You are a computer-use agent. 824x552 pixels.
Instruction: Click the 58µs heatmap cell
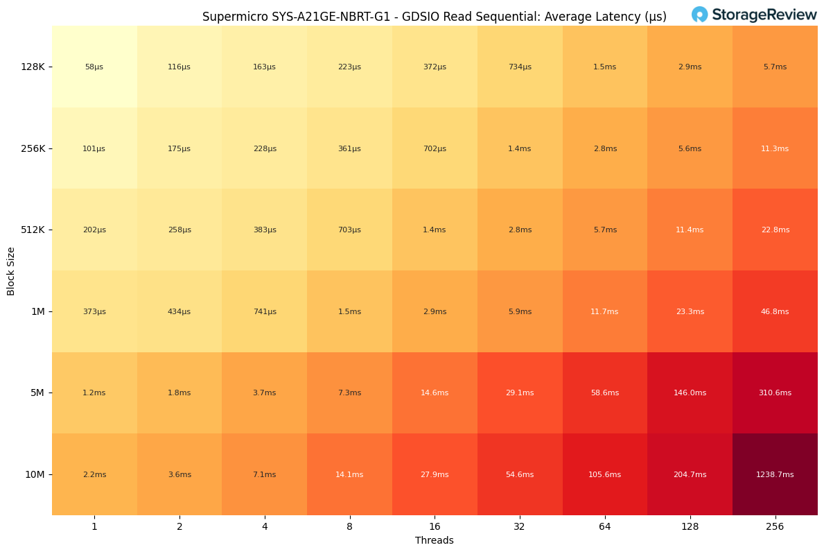click(94, 67)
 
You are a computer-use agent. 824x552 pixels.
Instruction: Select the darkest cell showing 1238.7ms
click(775, 474)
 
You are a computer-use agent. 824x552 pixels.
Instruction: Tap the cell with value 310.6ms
click(775, 393)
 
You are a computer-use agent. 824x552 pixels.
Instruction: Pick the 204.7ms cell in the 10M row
click(690, 474)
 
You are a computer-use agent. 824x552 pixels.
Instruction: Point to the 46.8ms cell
click(775, 311)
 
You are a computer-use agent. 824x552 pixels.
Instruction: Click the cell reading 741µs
click(264, 311)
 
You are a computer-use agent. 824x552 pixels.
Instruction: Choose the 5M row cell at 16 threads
click(435, 393)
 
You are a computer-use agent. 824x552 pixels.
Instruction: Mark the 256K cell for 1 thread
click(94, 148)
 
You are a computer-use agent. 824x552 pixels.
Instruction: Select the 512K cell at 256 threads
click(775, 230)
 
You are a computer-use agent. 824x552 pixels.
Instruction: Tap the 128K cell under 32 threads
click(520, 67)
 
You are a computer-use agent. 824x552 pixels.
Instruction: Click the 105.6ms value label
click(605, 475)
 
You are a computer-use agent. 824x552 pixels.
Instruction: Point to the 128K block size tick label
click(33, 67)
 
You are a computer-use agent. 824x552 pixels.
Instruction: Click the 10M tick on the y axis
click(35, 474)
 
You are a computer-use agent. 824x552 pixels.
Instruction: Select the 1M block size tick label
click(37, 311)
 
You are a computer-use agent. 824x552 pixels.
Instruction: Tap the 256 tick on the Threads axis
click(775, 526)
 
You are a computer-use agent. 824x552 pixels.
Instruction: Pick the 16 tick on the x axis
click(435, 526)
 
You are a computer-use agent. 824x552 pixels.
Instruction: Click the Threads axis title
click(435, 540)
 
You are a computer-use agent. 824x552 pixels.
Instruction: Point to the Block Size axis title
click(11, 271)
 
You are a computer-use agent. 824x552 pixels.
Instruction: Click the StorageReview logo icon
click(699, 15)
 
